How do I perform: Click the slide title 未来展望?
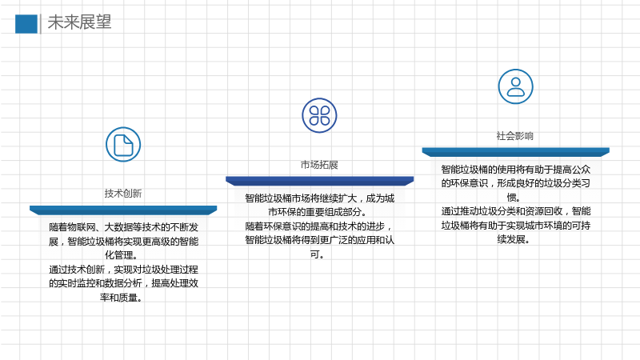pos(79,22)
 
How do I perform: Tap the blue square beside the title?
pos(26,24)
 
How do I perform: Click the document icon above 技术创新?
pos(123,145)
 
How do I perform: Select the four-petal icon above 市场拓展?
pos(319,115)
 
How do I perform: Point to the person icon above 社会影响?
pos(515,86)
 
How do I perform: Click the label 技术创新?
pos(123,193)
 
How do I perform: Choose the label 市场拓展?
pos(319,165)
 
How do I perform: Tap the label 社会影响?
pos(515,135)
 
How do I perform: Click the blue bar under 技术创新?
pos(123,210)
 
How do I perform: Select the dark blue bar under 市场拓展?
pos(319,181)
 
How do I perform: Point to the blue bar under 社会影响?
pos(515,152)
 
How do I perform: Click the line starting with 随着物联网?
pos(124,227)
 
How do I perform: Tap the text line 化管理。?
pos(122,255)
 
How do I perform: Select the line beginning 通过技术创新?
pos(124,270)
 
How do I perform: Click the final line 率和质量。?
pos(122,298)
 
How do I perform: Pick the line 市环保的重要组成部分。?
pos(317,212)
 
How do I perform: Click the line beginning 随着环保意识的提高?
pos(318,226)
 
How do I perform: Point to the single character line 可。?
pos(317,254)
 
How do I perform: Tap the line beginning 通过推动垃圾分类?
pos(516,211)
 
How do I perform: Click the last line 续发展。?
pos(514,239)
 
